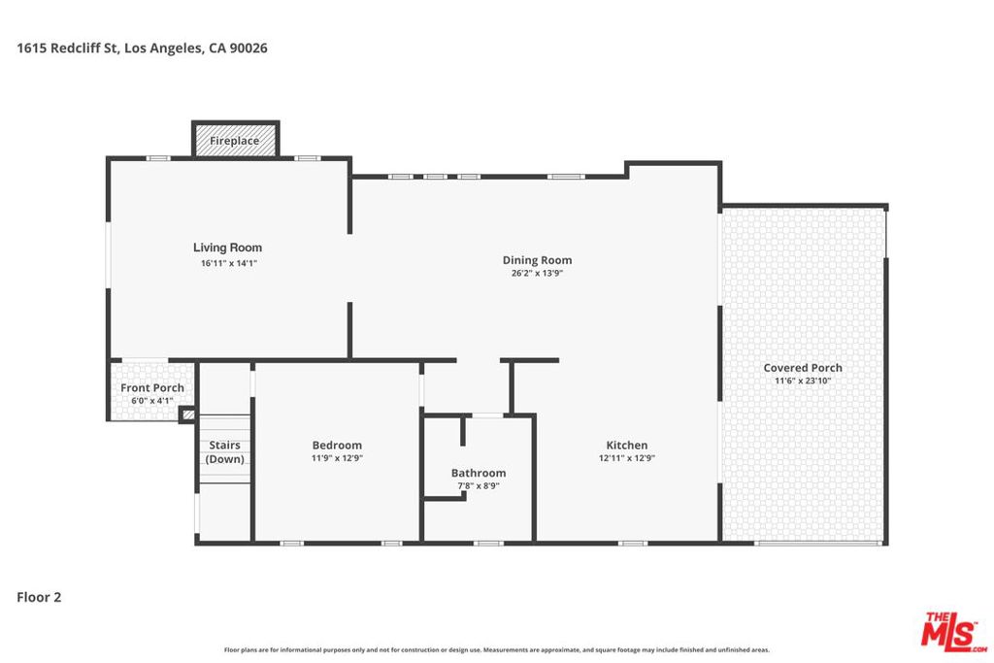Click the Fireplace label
pyautogui.click(x=235, y=141)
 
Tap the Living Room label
pyautogui.click(x=227, y=248)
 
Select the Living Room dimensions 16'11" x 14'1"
pyautogui.click(x=229, y=263)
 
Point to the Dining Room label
pyautogui.click(x=537, y=260)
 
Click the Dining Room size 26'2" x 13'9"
pyautogui.click(x=537, y=274)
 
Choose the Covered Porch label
pyautogui.click(x=803, y=368)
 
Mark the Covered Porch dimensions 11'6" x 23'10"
pyautogui.click(x=803, y=381)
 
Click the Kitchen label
pyautogui.click(x=627, y=445)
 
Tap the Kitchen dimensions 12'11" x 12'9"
pyautogui.click(x=627, y=458)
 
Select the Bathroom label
pyautogui.click(x=479, y=473)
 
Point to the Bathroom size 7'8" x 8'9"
pyautogui.click(x=479, y=486)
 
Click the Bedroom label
pyautogui.click(x=337, y=445)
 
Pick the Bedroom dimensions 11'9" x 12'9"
pyautogui.click(x=337, y=458)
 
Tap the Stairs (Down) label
pyautogui.click(x=225, y=452)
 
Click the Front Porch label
pyautogui.click(x=152, y=388)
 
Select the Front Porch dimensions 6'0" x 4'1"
pyautogui.click(x=152, y=401)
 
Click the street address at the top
pyautogui.click(x=142, y=49)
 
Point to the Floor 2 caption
pyautogui.click(x=39, y=597)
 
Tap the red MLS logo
pyautogui.click(x=953, y=632)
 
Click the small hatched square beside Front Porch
pyautogui.click(x=187, y=415)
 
